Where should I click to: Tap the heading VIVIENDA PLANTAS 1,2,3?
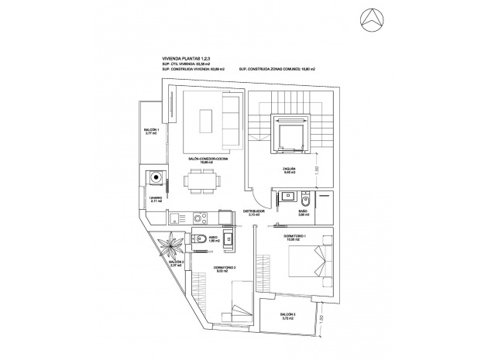(x=189, y=58)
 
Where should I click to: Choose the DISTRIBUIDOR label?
(x=254, y=211)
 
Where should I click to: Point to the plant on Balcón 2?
(x=170, y=250)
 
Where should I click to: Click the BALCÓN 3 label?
(x=289, y=315)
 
